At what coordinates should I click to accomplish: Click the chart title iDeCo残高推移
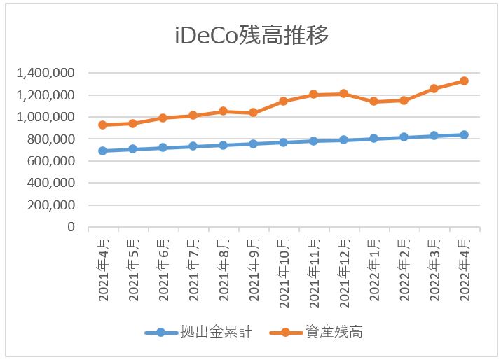[251, 36]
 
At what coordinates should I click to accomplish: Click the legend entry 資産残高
[334, 331]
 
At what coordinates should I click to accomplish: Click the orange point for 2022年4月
[464, 81]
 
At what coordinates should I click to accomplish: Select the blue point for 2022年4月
[464, 134]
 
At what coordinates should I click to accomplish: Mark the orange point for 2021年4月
[102, 125]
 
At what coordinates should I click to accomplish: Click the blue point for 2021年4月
[102, 151]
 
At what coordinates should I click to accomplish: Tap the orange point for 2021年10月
[283, 101]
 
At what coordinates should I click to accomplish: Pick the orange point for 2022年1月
[373, 101]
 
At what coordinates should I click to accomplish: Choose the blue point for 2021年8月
[223, 145]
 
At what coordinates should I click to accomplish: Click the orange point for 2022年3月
[434, 88]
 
